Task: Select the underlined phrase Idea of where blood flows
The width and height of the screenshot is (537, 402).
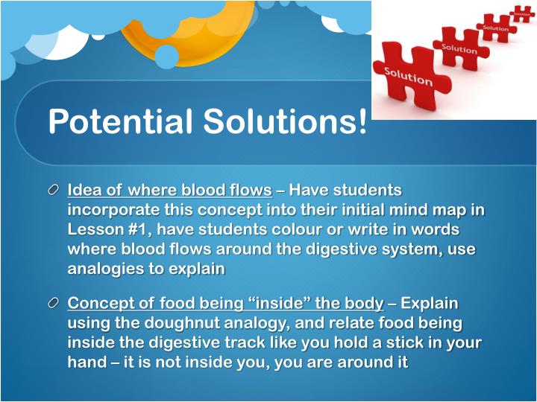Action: [x=169, y=191]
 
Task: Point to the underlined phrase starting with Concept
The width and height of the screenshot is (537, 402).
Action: [x=226, y=304]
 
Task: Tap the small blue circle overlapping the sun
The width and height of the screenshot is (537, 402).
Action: [x=166, y=57]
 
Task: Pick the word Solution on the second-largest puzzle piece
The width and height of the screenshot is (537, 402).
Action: [x=459, y=49]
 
